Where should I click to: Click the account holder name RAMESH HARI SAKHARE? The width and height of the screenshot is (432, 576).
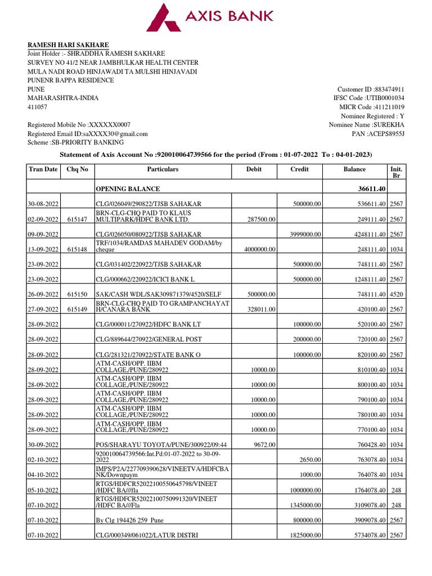coord(69,45)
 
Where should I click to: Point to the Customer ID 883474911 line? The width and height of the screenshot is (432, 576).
coord(371,89)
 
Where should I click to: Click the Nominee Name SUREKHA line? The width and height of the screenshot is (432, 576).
coord(366,125)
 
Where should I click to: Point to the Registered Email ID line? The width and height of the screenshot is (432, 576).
coord(88,134)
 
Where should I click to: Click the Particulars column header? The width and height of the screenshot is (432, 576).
coord(163,169)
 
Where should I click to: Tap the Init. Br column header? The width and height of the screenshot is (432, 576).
coord(396,173)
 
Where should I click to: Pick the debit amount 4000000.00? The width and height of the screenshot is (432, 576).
coord(245,249)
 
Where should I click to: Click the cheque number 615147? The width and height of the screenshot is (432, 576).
coord(76,219)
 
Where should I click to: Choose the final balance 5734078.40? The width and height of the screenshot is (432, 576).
coord(363,535)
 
